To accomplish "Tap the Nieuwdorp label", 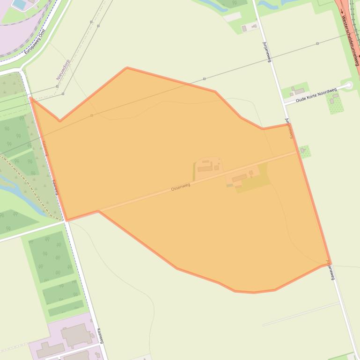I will click(63, 70).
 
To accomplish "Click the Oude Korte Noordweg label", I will click(316, 95).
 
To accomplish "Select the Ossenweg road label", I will click(181, 187).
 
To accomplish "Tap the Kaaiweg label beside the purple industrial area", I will click(100, 336).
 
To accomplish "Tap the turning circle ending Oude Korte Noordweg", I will click(348, 86).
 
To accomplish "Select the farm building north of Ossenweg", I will click(205, 168).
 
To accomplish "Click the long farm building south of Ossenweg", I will click(239, 178).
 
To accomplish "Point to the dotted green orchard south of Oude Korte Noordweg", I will click(335, 103).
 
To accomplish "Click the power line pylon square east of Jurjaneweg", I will click(317, 43).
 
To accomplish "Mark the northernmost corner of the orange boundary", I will click(127, 68).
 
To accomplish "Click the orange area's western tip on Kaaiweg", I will click(31, 98).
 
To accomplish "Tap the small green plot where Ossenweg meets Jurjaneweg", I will click(305, 151).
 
